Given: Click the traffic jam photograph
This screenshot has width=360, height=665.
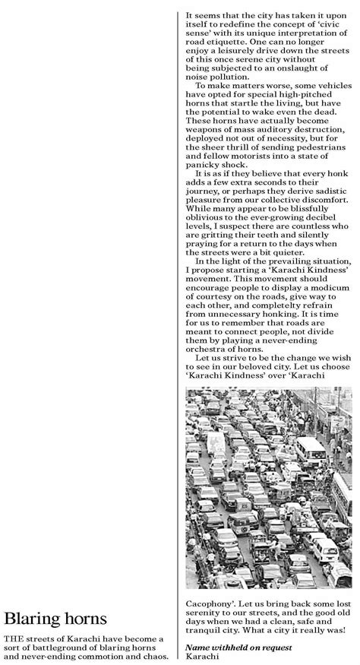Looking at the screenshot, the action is click(x=268, y=487).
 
